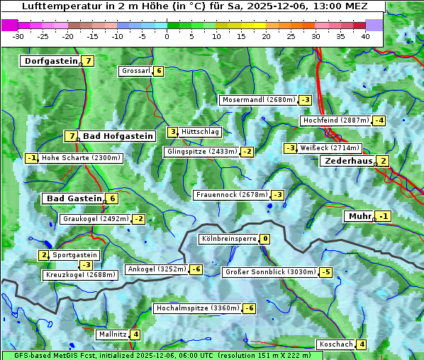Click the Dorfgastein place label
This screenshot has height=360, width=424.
50,61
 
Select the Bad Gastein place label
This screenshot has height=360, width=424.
74,198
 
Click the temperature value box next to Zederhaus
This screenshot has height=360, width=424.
383,161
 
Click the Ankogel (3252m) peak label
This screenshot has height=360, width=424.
156,269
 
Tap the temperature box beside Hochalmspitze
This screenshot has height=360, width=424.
249,308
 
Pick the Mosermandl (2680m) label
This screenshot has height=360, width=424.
258,100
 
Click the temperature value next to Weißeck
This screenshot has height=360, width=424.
290,148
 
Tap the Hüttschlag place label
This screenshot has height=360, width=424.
200,132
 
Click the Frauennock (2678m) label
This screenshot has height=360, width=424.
231,195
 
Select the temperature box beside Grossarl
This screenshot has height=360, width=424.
159,71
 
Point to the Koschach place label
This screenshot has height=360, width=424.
336,344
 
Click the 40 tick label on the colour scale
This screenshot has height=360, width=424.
365,36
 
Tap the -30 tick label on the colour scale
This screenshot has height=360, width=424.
18,36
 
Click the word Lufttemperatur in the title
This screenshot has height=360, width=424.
52,6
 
